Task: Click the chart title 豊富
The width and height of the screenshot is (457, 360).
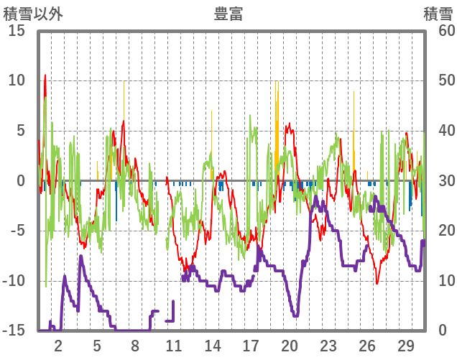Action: [228, 14]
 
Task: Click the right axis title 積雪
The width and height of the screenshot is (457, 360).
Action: [437, 14]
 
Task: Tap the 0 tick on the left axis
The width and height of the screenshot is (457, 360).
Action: [21, 181]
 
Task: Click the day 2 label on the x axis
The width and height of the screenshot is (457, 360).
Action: [58, 344]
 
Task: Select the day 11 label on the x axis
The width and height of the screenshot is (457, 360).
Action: [174, 344]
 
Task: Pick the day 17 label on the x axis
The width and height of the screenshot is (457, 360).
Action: [251, 344]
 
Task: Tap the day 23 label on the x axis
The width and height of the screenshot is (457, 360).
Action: [328, 344]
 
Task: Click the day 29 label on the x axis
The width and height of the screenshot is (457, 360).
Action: [405, 344]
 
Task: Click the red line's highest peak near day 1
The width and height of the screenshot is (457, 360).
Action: [45, 75]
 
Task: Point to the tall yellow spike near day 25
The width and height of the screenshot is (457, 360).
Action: [354, 92]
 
